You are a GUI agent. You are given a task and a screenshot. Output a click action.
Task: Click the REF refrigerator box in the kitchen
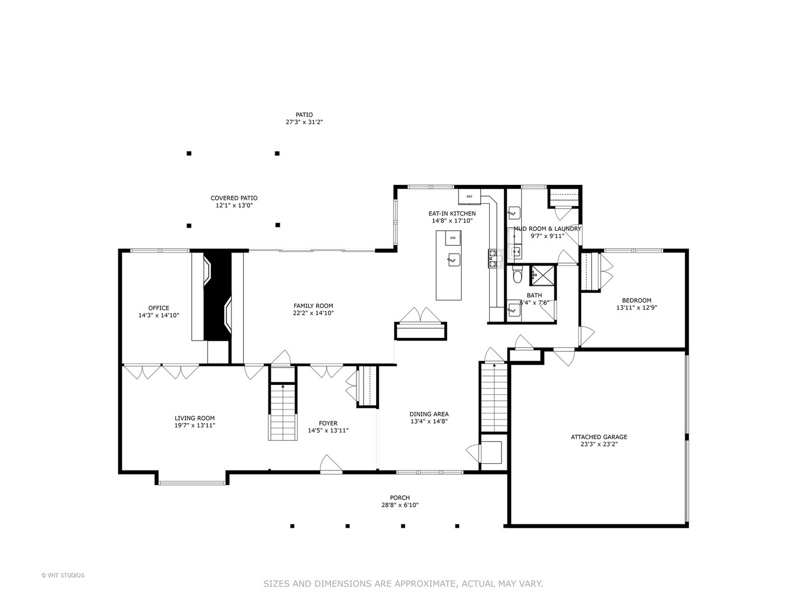tap(469, 197)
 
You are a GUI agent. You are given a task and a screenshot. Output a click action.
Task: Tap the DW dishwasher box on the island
tap(453, 238)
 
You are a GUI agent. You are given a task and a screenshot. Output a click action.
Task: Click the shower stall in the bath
tap(542, 274)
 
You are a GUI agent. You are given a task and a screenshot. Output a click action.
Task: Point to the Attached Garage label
tap(599, 437)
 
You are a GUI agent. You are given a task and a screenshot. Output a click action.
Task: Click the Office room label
tap(159, 308)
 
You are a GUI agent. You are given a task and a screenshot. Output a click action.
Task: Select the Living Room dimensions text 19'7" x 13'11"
tap(194, 426)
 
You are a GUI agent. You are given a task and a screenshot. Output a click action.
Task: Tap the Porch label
tap(400, 497)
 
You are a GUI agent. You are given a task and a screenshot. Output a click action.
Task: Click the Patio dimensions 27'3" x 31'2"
tap(304, 122)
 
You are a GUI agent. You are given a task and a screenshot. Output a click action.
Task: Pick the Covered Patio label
tap(234, 198)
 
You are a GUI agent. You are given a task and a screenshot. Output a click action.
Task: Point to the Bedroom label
tap(636, 300)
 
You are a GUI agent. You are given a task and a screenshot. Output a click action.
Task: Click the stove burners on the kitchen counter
tap(493, 258)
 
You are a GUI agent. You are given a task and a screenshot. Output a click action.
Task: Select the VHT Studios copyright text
tap(63, 575)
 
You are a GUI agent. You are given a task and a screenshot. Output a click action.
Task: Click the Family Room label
tap(313, 306)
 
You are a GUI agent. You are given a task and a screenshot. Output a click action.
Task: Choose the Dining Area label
tap(429, 414)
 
